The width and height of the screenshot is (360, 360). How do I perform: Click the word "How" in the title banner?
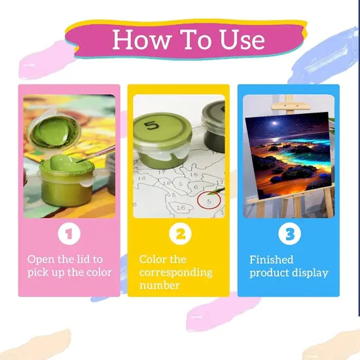[x=142, y=39]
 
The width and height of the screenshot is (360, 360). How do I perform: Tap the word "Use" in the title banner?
[x=242, y=39]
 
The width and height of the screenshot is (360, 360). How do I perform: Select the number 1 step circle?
[x=69, y=234]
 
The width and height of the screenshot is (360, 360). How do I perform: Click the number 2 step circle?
[x=180, y=234]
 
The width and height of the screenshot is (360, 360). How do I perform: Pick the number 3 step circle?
[x=289, y=234]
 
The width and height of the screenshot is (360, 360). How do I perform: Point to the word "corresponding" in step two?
[x=175, y=273]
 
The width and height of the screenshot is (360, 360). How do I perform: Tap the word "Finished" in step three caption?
[x=272, y=260]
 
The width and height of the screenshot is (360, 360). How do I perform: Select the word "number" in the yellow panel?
[x=160, y=285]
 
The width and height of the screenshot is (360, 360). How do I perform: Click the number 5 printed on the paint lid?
[x=152, y=126]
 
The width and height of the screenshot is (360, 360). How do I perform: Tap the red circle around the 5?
[x=209, y=200]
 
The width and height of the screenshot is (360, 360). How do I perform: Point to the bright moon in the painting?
[x=275, y=123]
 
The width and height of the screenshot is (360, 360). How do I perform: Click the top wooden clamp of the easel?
[x=291, y=107]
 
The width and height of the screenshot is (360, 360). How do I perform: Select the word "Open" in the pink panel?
[x=41, y=260]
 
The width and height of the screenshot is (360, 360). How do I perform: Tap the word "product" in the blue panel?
[x=269, y=273]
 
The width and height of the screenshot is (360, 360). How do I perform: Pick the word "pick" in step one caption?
[x=37, y=273]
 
